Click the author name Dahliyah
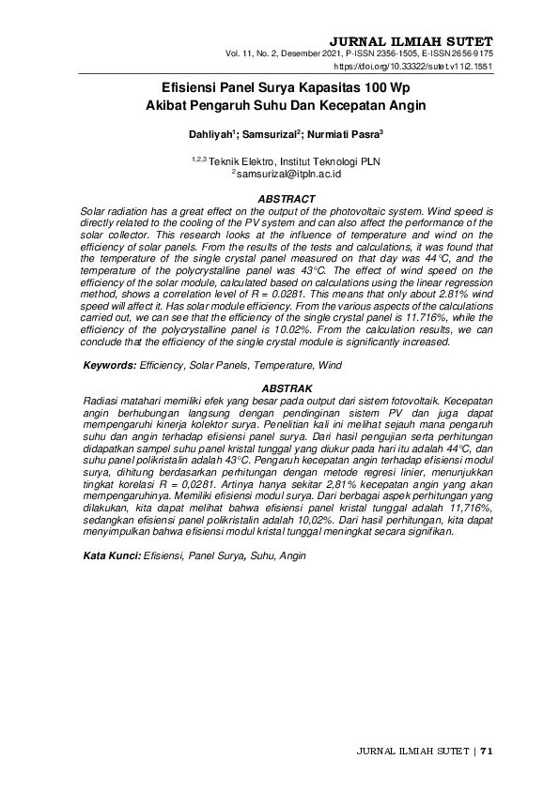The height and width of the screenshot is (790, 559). click(x=212, y=135)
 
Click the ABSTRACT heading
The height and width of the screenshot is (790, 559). click(x=286, y=199)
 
